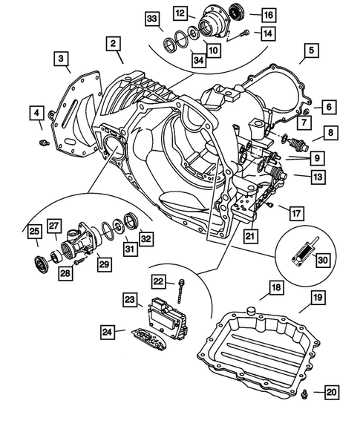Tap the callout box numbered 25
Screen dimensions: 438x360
(34, 232)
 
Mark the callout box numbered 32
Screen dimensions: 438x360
(145, 238)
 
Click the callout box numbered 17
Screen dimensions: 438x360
(295, 213)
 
